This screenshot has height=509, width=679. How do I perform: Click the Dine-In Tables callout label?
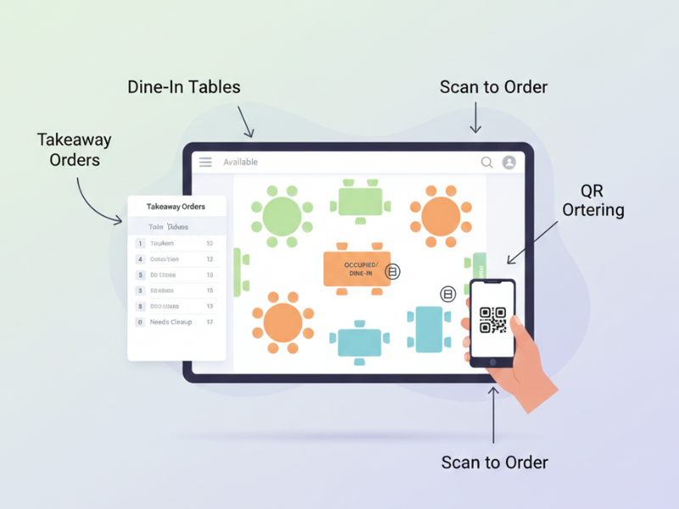(x=183, y=87)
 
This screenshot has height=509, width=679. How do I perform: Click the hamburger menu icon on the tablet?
(x=205, y=162)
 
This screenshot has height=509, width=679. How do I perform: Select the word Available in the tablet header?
(x=240, y=162)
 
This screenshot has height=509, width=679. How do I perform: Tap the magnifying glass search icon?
(x=487, y=162)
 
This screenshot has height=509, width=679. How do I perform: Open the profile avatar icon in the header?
(x=509, y=162)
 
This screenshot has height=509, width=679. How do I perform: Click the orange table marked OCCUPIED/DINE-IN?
(x=356, y=269)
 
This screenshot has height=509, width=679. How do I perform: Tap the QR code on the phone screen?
(x=493, y=321)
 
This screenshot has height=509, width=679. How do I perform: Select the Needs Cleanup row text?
(x=171, y=322)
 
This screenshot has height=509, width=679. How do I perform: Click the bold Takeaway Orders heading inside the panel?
(x=176, y=207)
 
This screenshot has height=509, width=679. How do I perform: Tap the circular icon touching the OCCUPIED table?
(x=392, y=271)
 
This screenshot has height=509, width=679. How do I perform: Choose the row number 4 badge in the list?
(x=140, y=259)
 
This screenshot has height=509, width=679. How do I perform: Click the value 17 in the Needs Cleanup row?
(x=210, y=322)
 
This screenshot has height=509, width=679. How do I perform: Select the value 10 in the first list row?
(x=210, y=243)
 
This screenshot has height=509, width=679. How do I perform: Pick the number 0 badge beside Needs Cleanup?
(x=140, y=322)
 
